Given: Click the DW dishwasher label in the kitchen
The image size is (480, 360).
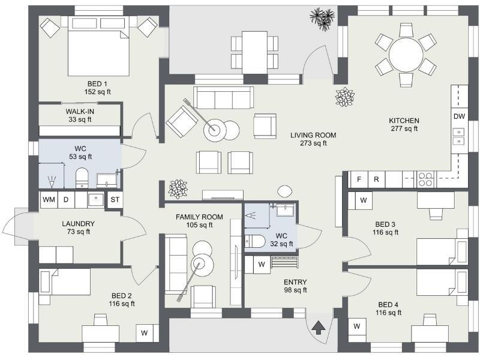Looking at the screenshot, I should [459, 116].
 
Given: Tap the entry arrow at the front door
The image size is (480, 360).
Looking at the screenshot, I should [319, 328].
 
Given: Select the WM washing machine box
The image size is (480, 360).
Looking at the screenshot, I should [48, 199].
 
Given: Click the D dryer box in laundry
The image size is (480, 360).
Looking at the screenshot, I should [66, 199].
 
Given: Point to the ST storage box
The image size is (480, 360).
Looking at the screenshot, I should [115, 200].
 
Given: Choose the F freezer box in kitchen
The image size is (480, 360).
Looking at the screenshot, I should [359, 179].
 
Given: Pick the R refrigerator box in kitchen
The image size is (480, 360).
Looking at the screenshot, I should [376, 179].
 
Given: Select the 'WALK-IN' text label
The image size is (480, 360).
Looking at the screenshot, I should [80, 112].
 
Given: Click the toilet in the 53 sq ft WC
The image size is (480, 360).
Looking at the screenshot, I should [82, 178].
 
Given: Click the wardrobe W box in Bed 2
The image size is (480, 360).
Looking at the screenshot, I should [145, 332].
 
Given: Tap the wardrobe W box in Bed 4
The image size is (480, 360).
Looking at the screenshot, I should [357, 326].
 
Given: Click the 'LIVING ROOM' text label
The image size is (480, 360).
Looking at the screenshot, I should [313, 135].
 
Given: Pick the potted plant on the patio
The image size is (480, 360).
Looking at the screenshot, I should [323, 18].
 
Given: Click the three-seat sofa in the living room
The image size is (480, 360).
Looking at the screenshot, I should [223, 97].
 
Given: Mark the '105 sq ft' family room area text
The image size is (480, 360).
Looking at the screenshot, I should [199, 226].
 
